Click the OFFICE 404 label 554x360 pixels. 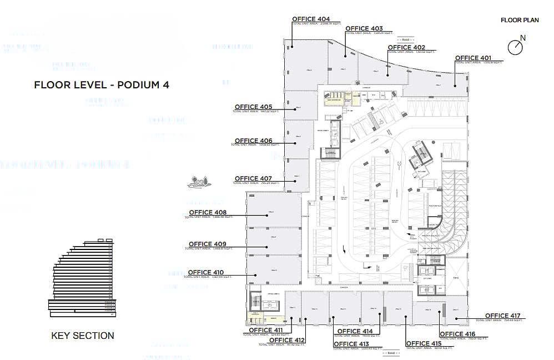point(311,19)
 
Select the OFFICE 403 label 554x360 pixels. point(364,29)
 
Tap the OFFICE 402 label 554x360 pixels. point(406,48)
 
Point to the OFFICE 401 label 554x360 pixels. point(474,58)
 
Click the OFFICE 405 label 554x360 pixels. point(253,107)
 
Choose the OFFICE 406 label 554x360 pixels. point(253,141)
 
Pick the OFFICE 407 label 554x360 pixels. point(253,178)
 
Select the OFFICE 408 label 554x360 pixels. point(208,212)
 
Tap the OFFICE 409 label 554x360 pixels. point(208,244)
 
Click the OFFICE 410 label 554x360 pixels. point(207,272)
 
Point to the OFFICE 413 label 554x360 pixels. point(352,344)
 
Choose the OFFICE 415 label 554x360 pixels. point(424,343)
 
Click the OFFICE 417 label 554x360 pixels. point(503,316)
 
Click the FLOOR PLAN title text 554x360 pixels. point(520,20)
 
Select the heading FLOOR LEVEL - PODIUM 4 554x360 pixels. point(102,85)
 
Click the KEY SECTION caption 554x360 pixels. point(83,336)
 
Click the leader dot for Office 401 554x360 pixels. point(455,85)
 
